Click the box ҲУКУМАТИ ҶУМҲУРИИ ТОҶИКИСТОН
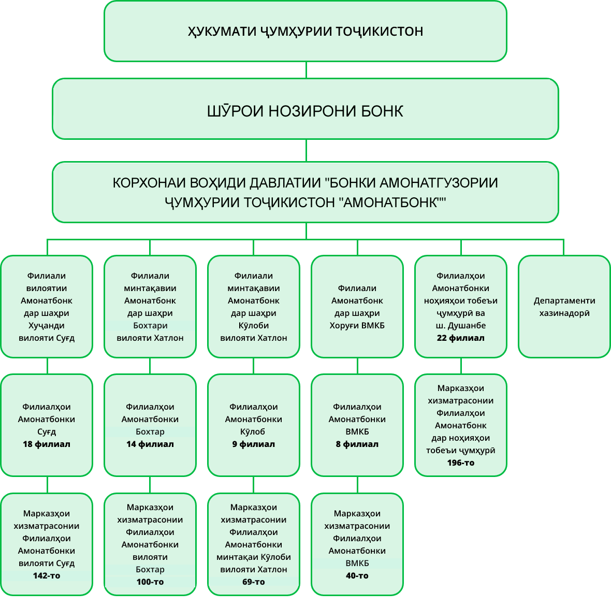(x=305, y=32)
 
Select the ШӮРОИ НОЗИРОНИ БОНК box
(x=305, y=111)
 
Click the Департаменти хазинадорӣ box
(x=564, y=307)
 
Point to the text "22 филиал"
(x=460, y=338)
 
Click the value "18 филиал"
(x=47, y=444)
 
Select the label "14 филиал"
(x=150, y=444)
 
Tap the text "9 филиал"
(x=254, y=444)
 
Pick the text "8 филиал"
(x=357, y=444)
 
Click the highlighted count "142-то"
(x=47, y=576)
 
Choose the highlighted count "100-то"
(x=150, y=582)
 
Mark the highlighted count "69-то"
(x=254, y=582)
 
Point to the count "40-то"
(x=357, y=576)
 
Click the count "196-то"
(x=461, y=463)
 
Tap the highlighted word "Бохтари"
(x=150, y=326)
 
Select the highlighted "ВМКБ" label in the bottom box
(x=357, y=563)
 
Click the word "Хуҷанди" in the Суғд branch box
(x=47, y=326)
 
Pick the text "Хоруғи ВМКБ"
(x=357, y=326)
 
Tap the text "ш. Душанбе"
(x=461, y=326)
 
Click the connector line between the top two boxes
(x=306, y=70)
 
